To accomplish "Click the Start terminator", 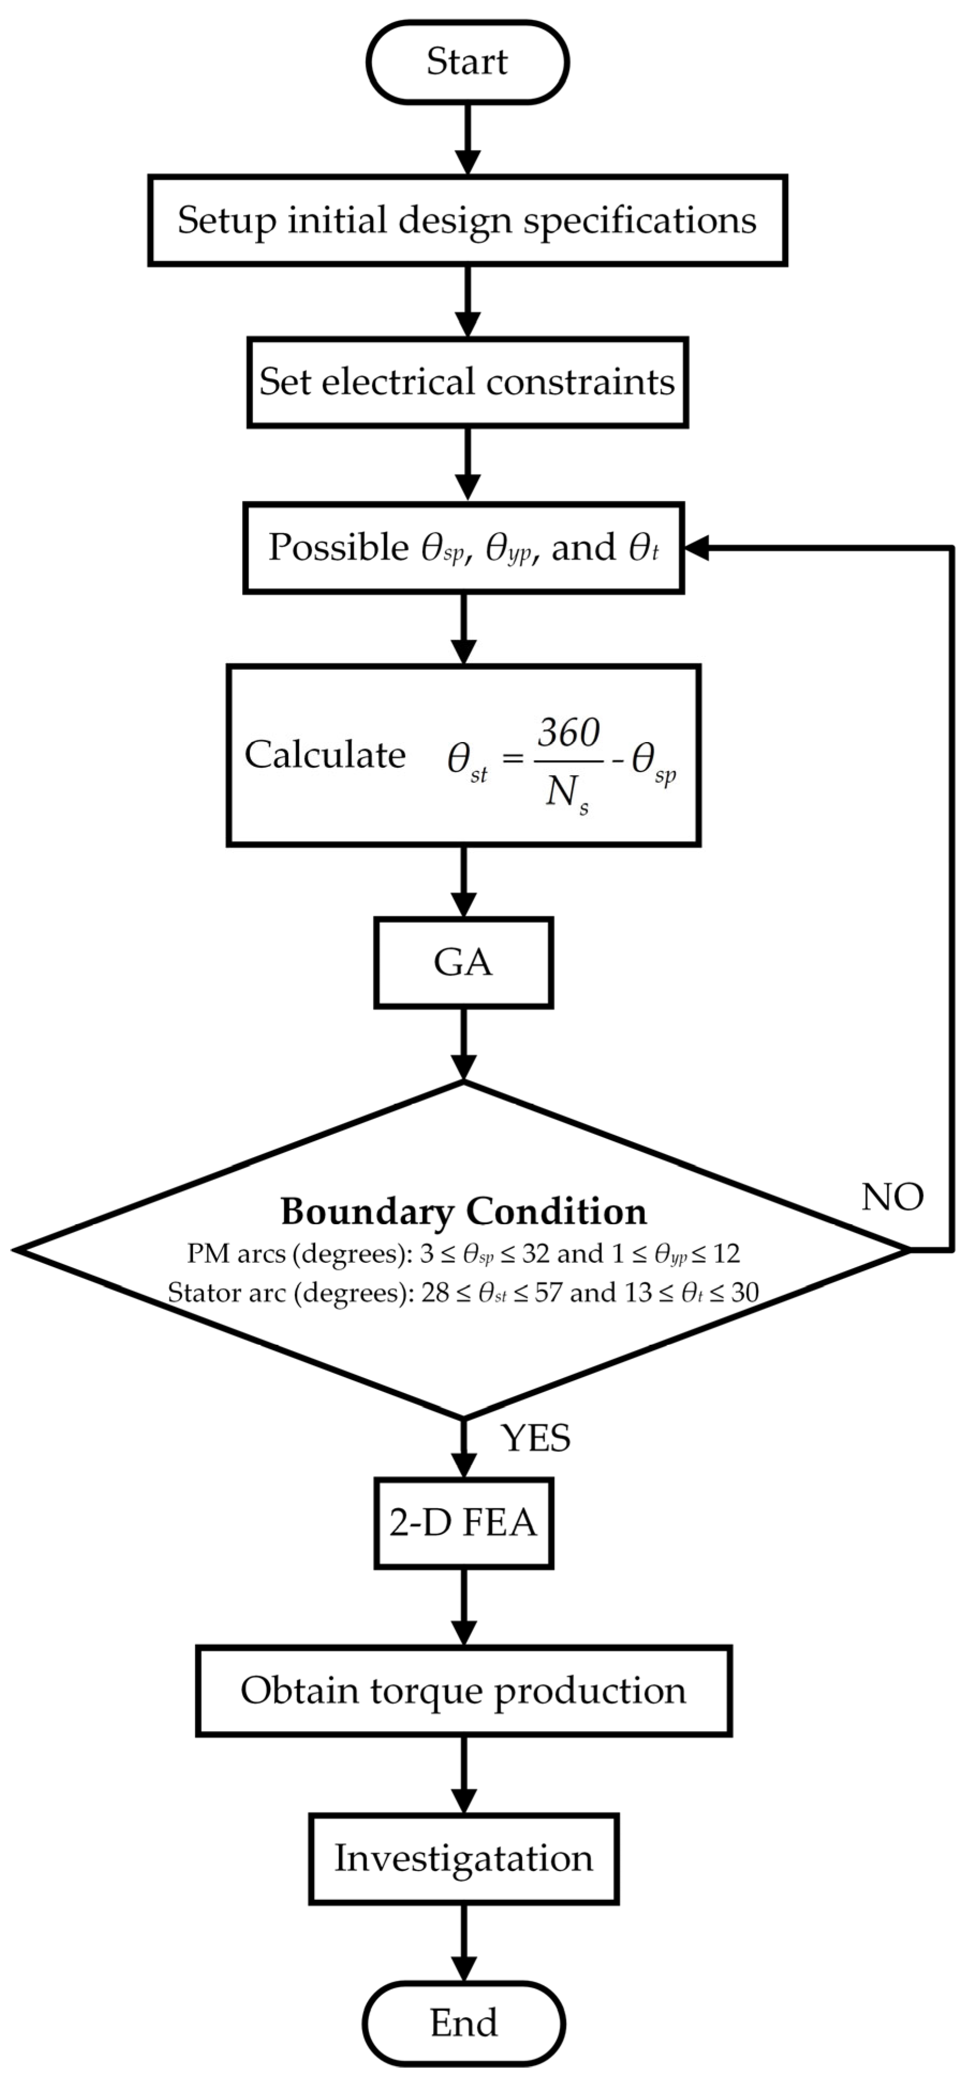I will (467, 62).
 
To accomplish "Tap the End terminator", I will (463, 2022).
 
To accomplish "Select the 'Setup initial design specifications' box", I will (467, 220).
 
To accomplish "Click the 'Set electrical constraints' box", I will (467, 381).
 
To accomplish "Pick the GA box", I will (463, 962).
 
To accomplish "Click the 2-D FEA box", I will (463, 1523).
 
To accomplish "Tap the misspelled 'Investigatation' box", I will (463, 1858).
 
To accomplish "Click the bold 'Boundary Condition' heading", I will (463, 1211).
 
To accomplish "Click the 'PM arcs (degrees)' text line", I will (463, 1253).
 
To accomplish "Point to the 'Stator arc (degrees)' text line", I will (463, 1292).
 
